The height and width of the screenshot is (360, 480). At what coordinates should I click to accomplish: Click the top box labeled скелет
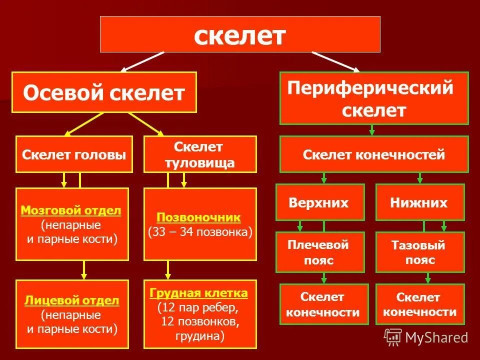pos(240,34)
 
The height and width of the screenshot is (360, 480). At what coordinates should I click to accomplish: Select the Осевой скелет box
pos(104,92)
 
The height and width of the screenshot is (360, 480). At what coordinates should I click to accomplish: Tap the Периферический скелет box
pos(374,98)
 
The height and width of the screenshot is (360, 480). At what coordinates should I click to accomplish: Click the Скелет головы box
pos(74,154)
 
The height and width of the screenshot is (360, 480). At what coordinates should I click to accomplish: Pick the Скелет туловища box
pos(200,154)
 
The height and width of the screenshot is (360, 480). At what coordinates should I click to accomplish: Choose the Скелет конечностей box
pos(374,154)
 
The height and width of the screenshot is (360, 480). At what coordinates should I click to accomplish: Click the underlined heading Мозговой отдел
pos(71,210)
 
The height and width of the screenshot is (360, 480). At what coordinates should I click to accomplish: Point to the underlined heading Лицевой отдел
pos(71,300)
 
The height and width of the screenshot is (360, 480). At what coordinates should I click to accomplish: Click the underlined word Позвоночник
pos(199,217)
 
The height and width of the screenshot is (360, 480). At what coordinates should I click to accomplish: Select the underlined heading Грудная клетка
pos(198,292)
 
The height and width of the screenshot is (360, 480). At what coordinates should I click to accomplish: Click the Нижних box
pos(419,202)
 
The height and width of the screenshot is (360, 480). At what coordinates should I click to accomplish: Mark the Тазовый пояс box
pos(419,252)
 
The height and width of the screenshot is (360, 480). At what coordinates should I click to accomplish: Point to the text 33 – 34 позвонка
pos(200,232)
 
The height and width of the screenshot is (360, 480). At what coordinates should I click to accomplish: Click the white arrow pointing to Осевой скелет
pos(142,61)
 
